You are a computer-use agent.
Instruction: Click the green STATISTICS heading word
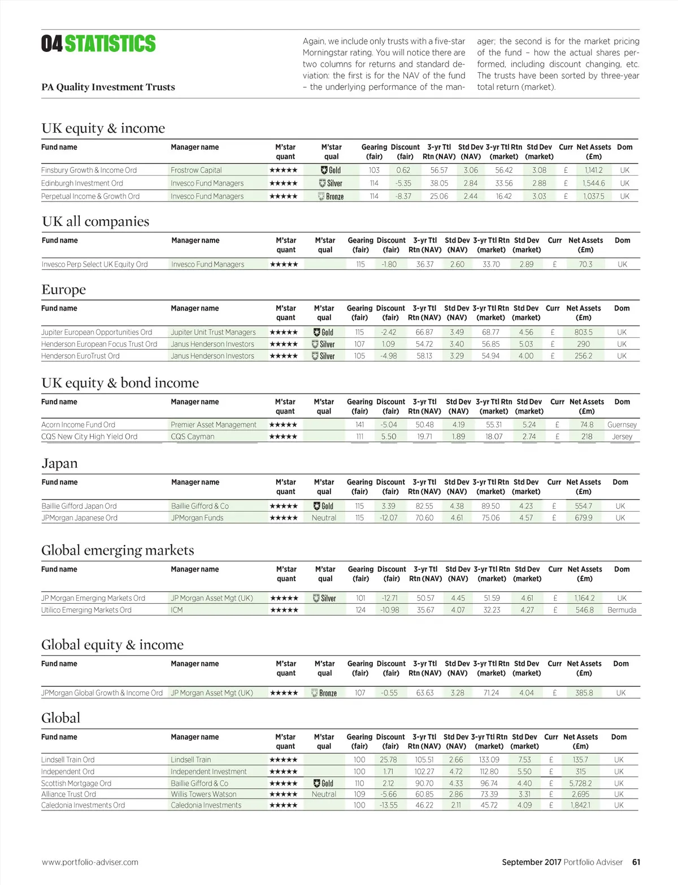tap(110, 43)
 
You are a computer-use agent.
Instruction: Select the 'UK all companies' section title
tap(95, 221)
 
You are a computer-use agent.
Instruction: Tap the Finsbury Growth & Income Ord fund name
tap(89, 170)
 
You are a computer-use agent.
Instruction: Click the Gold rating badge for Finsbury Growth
tap(331, 170)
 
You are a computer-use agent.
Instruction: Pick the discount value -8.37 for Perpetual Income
tap(403, 196)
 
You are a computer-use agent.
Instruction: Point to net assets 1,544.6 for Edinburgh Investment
tap(594, 183)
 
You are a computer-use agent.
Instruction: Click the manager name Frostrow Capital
tap(196, 170)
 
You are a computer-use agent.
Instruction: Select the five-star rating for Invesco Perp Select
tap(284, 264)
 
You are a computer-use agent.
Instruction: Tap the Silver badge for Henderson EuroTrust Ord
tap(324, 356)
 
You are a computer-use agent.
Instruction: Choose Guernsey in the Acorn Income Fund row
tap(622, 425)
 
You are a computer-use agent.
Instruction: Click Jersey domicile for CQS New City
tap(622, 437)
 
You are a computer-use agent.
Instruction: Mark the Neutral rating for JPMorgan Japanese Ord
tap(324, 518)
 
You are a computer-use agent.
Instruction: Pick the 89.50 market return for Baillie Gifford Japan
tap(490, 506)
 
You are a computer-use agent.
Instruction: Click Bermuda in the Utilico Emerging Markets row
tap(621, 610)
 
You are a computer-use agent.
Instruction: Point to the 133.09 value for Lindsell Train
tap(489, 760)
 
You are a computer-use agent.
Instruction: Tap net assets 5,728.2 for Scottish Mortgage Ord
tap(581, 783)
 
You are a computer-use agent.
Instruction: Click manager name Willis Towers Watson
tap(203, 794)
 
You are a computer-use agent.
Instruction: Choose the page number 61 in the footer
tap(636, 862)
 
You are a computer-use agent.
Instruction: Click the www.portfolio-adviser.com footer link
tap(90, 862)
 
